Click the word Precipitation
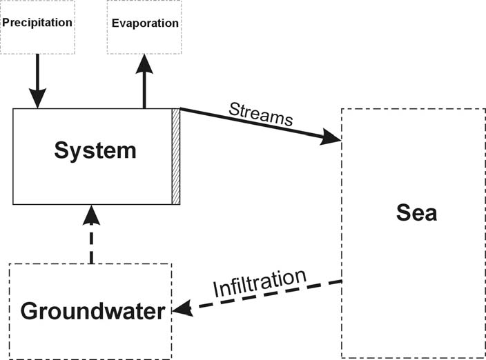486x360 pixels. pyautogui.click(x=37, y=22)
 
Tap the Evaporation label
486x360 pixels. pyautogui.click(x=145, y=23)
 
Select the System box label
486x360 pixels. pyautogui.click(x=95, y=150)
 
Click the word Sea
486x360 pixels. pyautogui.click(x=416, y=212)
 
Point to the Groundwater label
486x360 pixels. pyautogui.click(x=93, y=311)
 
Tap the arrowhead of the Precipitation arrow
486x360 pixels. pyautogui.click(x=37, y=101)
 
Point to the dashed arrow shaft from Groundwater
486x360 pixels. pyautogui.click(x=91, y=245)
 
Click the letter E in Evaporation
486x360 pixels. pyautogui.click(x=115, y=23)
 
